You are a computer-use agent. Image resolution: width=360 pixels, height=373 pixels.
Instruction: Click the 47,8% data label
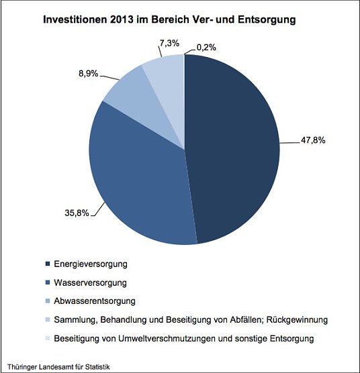click(x=310, y=141)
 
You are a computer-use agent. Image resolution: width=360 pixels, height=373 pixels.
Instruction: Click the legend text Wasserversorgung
click(x=89, y=282)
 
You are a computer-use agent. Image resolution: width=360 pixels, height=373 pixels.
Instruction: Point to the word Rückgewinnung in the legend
click(x=298, y=320)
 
